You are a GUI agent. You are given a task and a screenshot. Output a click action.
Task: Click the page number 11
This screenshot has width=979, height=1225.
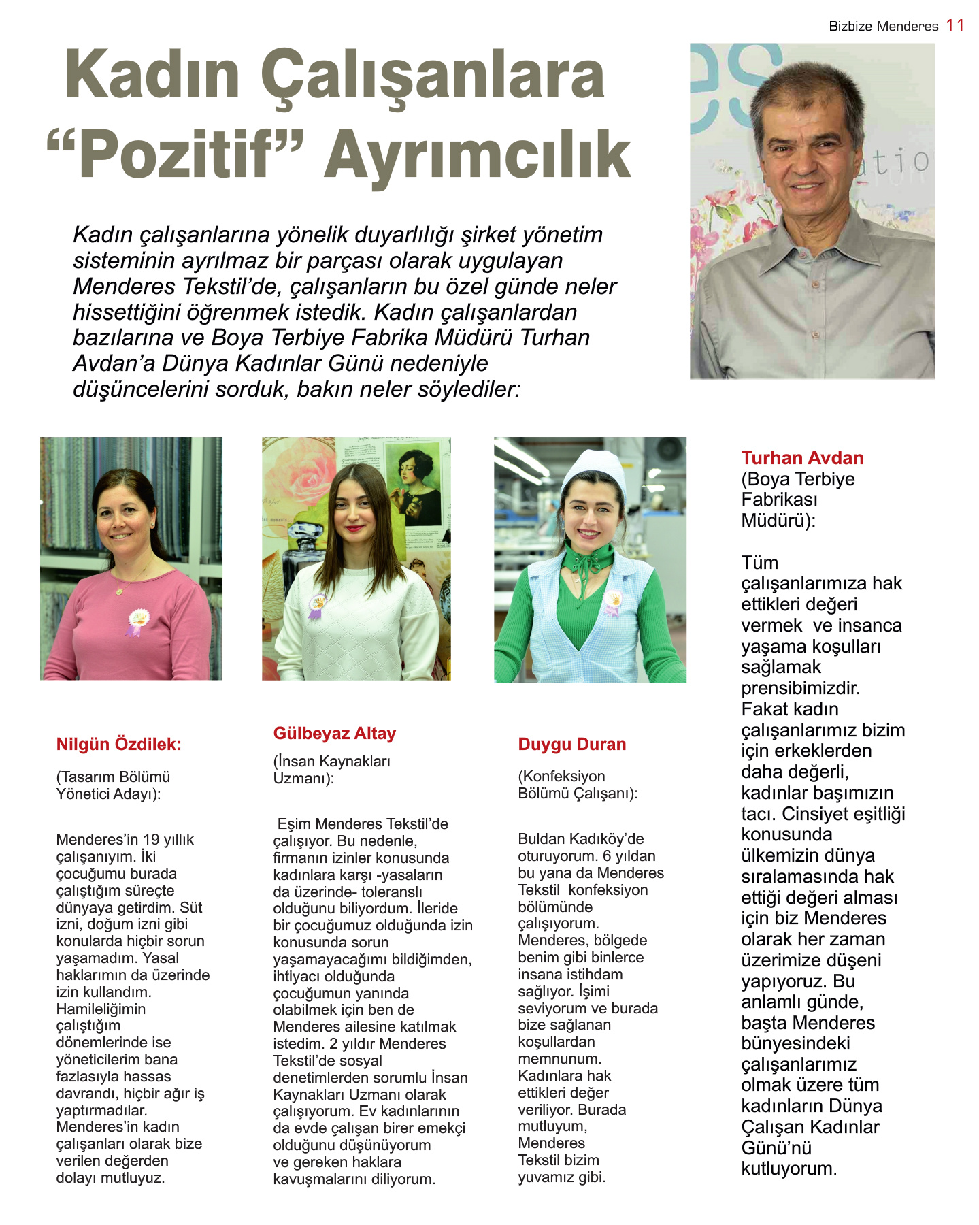coord(955,25)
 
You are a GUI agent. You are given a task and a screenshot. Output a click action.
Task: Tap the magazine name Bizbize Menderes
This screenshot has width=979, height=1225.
coord(883,27)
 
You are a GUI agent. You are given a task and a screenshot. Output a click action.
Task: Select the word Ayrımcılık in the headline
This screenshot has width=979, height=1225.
coord(477,154)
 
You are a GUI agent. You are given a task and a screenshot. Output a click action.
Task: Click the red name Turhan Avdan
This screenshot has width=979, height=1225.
coord(802,458)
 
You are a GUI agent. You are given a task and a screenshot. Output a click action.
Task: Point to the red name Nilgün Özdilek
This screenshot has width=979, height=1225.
coord(118,744)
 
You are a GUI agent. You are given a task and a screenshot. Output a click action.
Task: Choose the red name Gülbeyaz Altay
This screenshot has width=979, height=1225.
coord(334,733)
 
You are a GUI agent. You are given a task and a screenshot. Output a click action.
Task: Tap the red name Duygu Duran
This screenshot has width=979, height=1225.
coord(571,744)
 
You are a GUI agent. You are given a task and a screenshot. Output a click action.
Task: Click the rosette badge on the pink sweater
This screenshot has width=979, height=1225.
coord(138,619)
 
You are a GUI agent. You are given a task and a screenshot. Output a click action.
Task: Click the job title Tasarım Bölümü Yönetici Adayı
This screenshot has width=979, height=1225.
coord(113,785)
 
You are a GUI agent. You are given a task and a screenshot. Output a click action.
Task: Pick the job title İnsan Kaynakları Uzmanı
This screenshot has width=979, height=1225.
coord(331,770)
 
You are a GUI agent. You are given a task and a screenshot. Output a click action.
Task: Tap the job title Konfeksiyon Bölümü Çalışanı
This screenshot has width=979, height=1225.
coord(577,785)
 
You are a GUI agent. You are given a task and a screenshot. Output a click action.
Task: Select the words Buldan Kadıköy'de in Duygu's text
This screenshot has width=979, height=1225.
coord(580,838)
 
